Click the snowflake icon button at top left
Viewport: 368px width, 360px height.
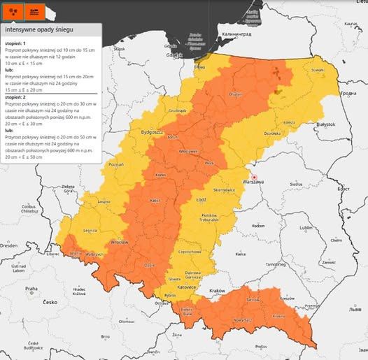click(13, 10)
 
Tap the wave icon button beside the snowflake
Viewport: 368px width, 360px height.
click(34, 10)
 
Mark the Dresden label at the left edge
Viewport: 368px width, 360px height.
click(9, 246)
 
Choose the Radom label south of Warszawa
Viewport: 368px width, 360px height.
click(258, 226)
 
